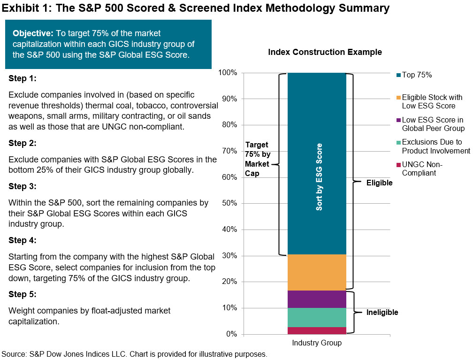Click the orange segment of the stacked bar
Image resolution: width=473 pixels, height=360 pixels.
pyautogui.click(x=317, y=272)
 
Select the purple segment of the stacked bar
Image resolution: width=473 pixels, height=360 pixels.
pyautogui.click(x=317, y=299)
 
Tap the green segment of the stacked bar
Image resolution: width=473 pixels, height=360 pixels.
pyautogui.click(x=317, y=317)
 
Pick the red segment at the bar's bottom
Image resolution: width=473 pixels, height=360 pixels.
pyautogui.click(x=317, y=330)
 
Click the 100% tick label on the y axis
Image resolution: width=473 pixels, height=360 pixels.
pyautogui.click(x=229, y=73)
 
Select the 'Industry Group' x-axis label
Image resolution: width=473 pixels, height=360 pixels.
pyautogui.click(x=317, y=343)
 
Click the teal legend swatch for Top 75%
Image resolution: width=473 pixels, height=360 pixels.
pyautogui.click(x=398, y=76)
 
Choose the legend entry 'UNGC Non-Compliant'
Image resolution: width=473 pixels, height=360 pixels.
pyautogui.click(x=422, y=169)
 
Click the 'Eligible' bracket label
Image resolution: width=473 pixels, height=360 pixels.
pyautogui.click(x=379, y=183)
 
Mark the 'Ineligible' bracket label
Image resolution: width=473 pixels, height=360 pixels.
pyautogui.click(x=382, y=312)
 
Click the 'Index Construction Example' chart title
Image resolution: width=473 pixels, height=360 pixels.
pyautogui.click(x=325, y=52)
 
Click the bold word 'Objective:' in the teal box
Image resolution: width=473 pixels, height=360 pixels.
pyautogui.click(x=33, y=33)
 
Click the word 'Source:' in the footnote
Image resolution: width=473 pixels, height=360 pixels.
pyautogui.click(x=14, y=354)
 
